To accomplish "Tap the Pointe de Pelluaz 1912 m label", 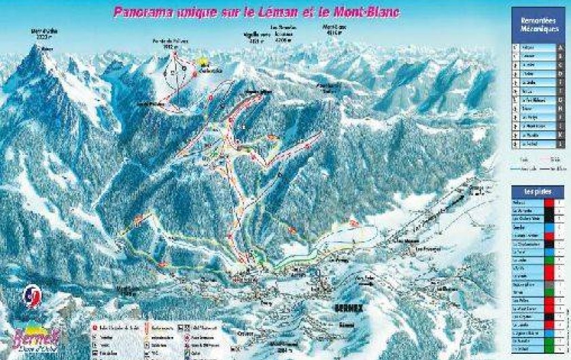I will click(169, 44).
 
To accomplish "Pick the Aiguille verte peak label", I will click(255, 35).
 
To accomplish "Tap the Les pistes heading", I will click(532, 191).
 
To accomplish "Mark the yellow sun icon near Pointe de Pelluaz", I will click(203, 63).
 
